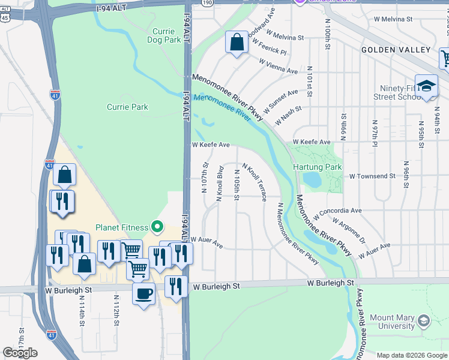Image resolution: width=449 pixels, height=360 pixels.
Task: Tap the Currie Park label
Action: [127, 107]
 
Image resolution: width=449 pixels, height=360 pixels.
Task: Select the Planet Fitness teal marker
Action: [157, 227]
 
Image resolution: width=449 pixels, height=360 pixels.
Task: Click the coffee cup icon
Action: [143, 294]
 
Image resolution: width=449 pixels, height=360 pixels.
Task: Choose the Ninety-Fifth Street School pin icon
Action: [426, 85]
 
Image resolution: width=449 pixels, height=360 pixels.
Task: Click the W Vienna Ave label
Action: [278, 66]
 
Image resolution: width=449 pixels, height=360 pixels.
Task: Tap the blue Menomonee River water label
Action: [221, 105]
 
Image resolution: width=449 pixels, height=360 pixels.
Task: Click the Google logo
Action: [20, 353]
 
